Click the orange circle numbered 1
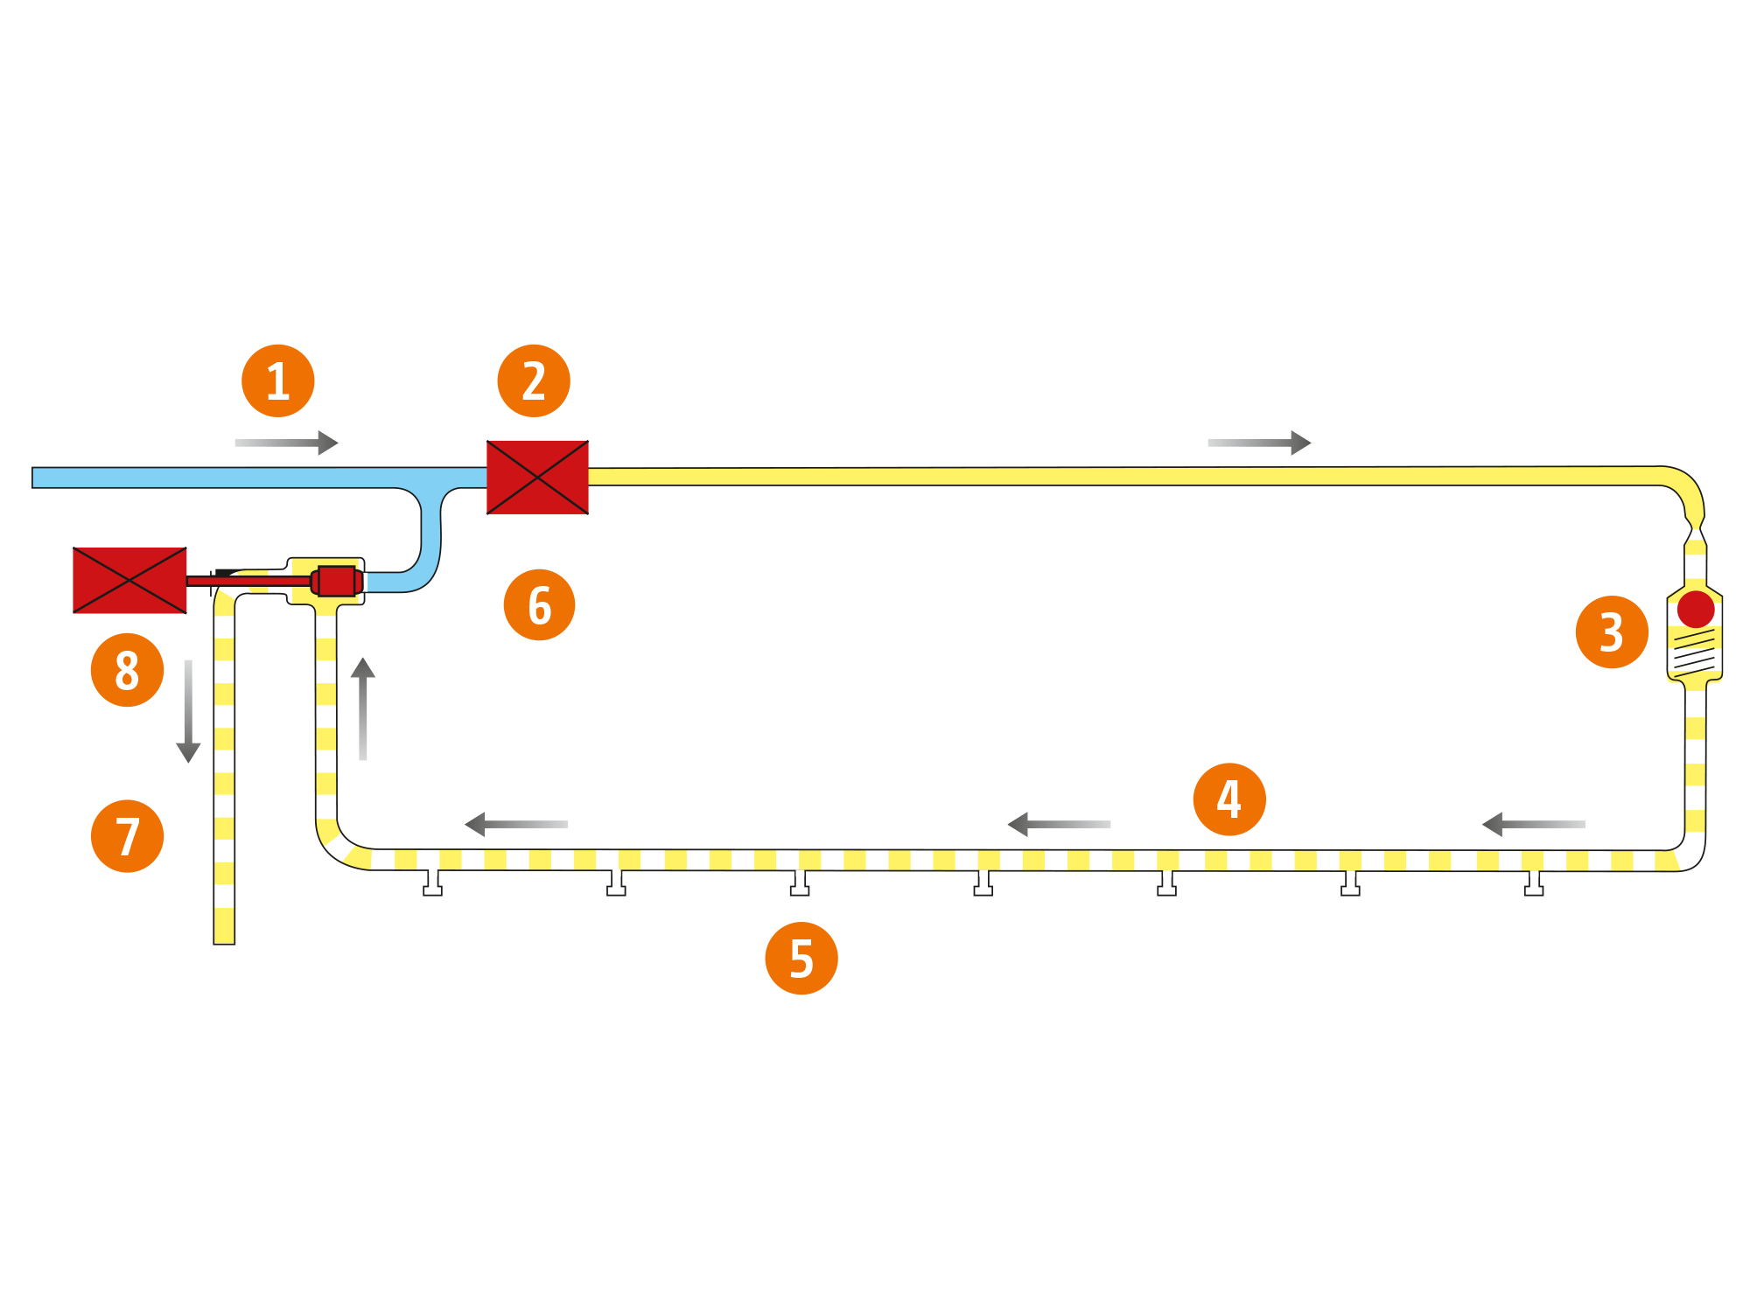click(278, 381)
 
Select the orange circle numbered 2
click(534, 381)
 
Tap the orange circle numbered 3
click(1612, 632)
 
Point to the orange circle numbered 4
click(1229, 799)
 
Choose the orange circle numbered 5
click(801, 958)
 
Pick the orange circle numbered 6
click(540, 604)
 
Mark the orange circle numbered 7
click(128, 836)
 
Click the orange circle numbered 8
click(128, 670)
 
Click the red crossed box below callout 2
click(537, 477)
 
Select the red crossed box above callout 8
click(129, 580)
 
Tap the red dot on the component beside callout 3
click(1696, 609)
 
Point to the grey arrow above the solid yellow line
click(1259, 443)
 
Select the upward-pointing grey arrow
click(363, 708)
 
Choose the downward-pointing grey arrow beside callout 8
click(188, 711)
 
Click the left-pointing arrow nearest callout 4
click(1059, 824)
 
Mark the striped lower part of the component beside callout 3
click(1695, 653)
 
